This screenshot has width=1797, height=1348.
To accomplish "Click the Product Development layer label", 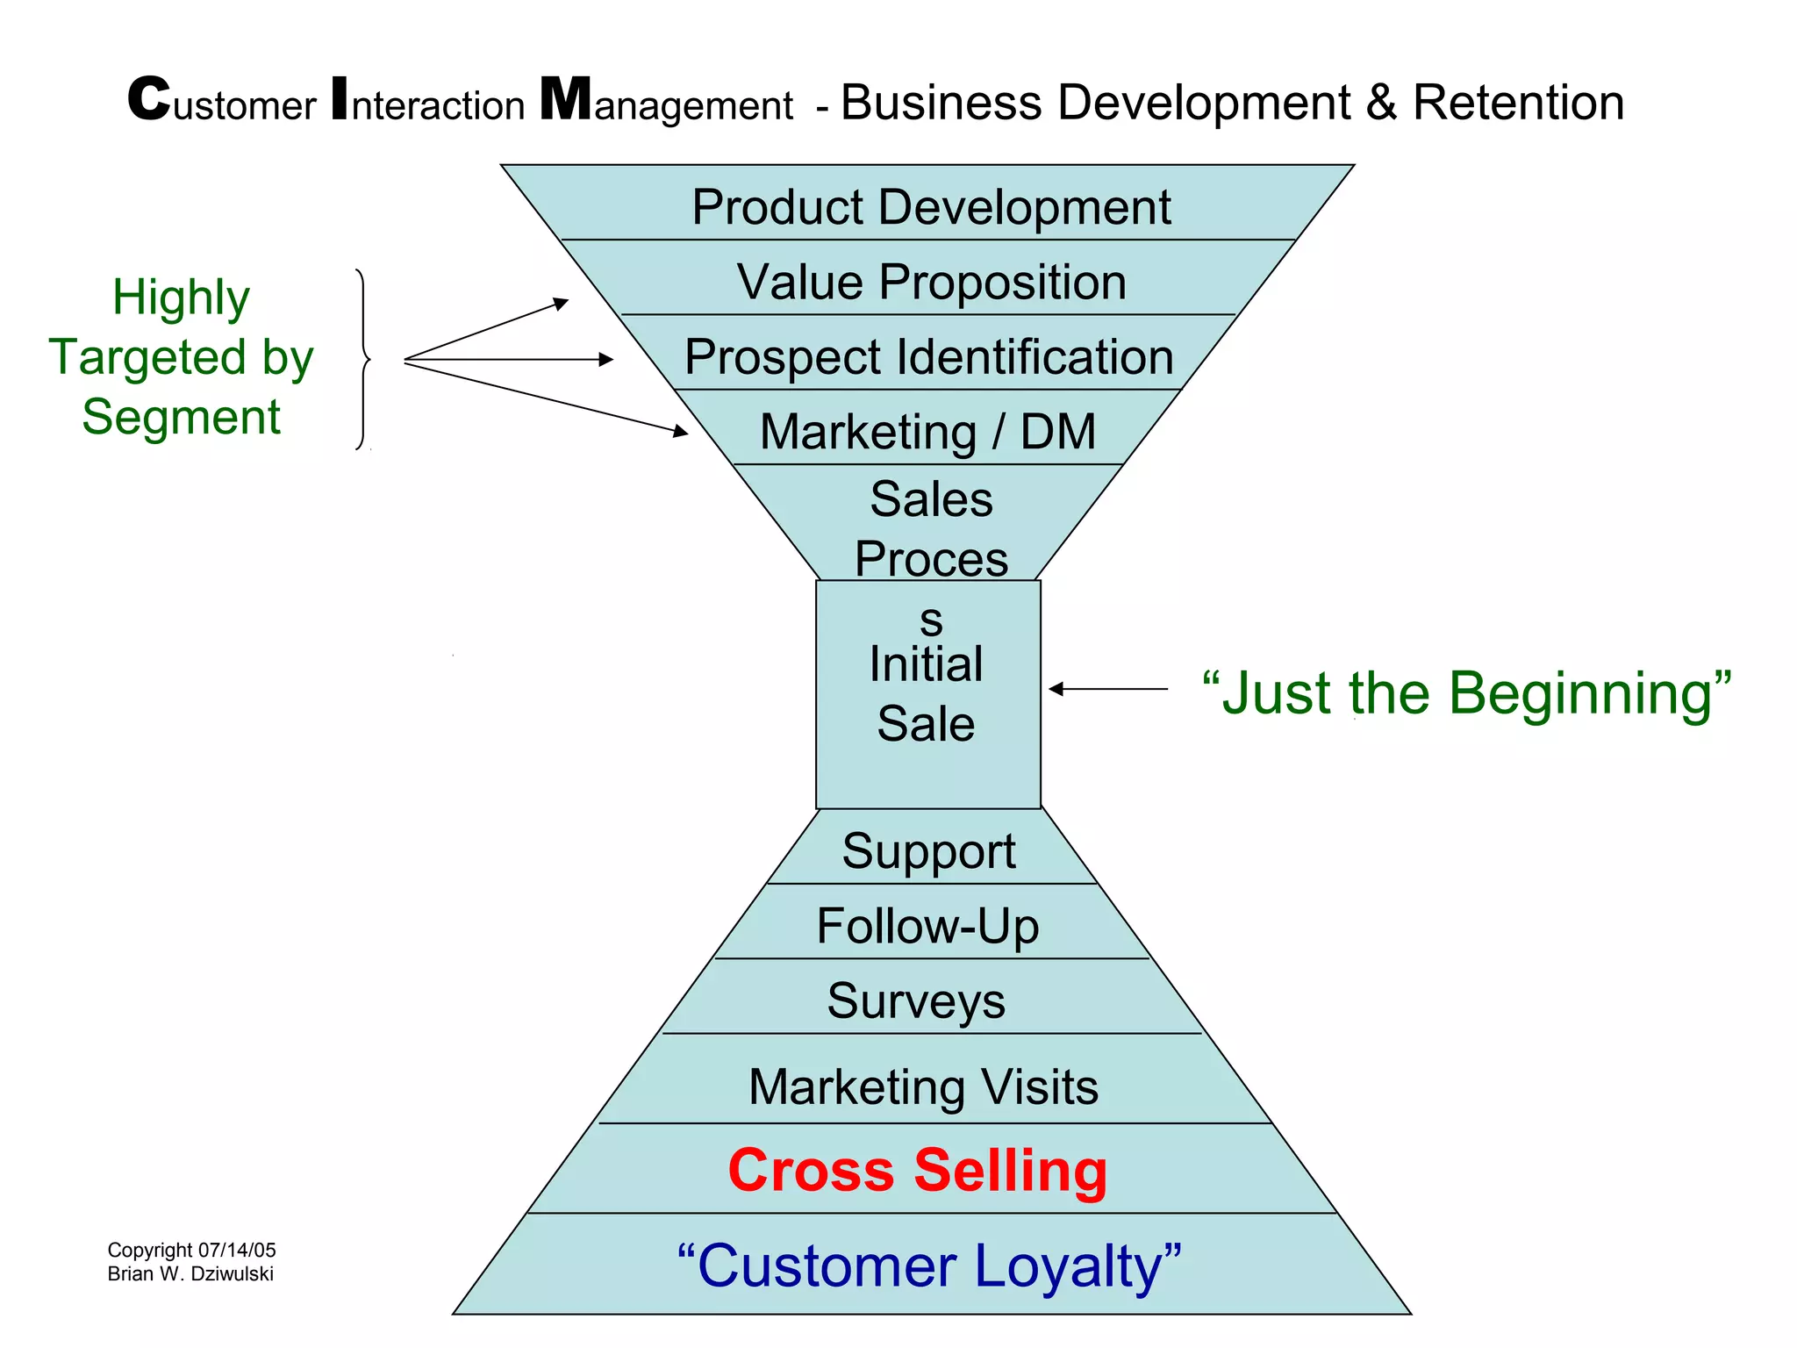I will (x=931, y=208).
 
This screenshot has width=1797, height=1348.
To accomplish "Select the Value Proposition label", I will (x=931, y=283).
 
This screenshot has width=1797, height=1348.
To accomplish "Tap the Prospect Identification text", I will (x=929, y=357).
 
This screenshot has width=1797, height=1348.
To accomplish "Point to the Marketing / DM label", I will (x=927, y=432).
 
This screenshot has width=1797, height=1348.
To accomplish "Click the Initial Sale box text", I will (x=926, y=694).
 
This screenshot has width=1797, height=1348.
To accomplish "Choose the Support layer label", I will (x=928, y=851).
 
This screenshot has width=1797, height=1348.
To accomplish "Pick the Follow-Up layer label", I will (x=927, y=926).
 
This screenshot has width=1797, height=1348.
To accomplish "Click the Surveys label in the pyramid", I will (x=916, y=1000).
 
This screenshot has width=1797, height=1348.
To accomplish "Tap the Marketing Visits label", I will (x=923, y=1086).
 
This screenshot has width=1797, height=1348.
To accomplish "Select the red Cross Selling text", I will (x=918, y=1171).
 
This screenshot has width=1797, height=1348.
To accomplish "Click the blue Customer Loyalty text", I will (x=929, y=1266).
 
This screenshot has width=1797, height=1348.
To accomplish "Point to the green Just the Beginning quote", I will (x=1466, y=693).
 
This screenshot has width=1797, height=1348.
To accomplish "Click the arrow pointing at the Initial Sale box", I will (x=1107, y=689).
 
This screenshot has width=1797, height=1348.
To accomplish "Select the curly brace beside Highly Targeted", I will (x=363, y=360).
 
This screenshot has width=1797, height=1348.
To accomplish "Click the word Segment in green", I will (x=181, y=417).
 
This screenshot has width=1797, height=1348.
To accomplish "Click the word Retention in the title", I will (x=1518, y=103).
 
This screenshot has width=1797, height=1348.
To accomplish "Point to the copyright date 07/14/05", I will (x=237, y=1250).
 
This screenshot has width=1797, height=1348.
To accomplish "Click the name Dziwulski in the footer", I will (x=232, y=1273).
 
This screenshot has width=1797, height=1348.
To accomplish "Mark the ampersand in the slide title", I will (x=1381, y=103).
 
